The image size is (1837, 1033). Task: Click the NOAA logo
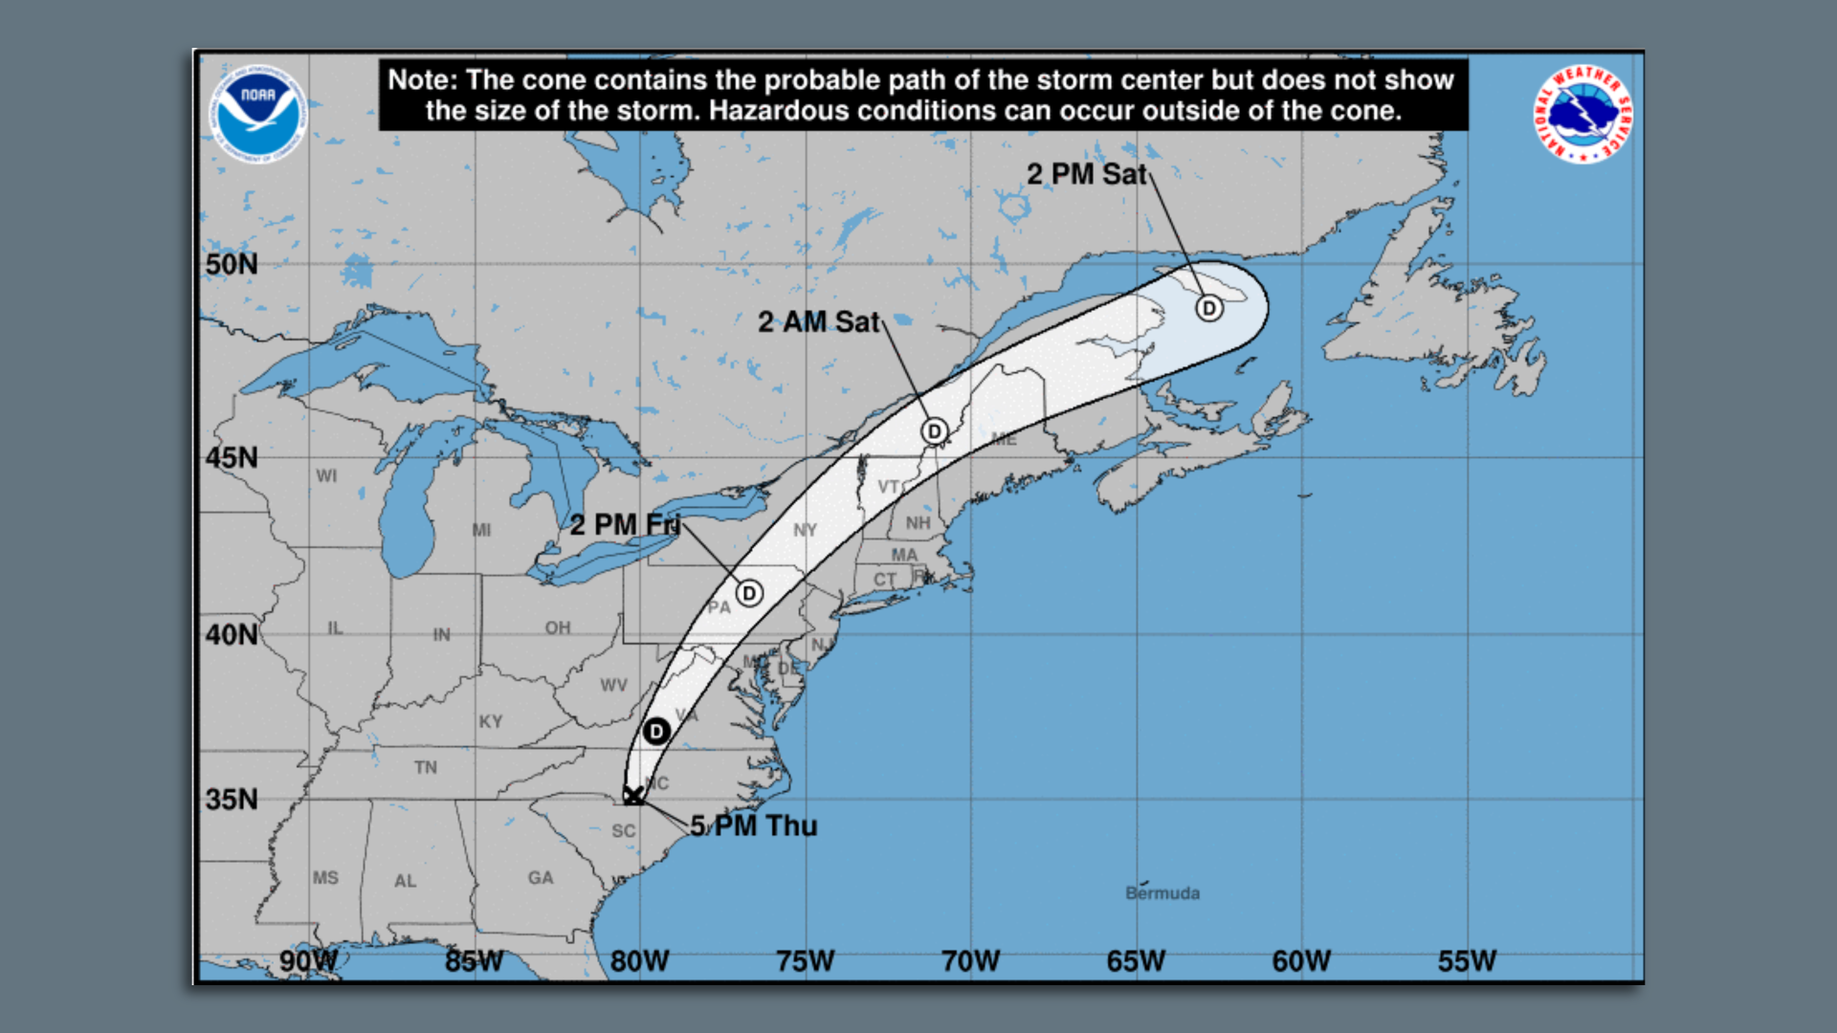(257, 113)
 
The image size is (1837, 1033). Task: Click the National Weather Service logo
(1582, 114)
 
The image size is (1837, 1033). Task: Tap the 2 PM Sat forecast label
(1086, 174)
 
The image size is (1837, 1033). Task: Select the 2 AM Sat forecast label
(818, 322)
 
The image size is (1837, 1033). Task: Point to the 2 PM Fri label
(625, 525)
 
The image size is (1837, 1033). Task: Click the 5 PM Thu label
(754, 825)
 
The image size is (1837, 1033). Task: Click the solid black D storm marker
(656, 732)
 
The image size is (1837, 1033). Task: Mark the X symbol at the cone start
(633, 795)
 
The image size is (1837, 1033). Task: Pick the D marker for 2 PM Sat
(1209, 308)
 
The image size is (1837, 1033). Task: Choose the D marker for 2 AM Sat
(935, 431)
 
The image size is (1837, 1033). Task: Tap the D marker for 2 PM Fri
(749, 593)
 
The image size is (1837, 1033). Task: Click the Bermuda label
(1162, 893)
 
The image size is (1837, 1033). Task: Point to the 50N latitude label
(232, 265)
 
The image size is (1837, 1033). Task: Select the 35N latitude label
(232, 800)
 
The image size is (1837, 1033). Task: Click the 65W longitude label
(1136, 961)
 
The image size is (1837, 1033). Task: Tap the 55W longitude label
(1467, 961)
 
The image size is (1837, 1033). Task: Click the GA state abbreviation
(541, 878)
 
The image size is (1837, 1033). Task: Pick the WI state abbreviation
(326, 475)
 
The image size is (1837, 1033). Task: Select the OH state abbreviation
(558, 627)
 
